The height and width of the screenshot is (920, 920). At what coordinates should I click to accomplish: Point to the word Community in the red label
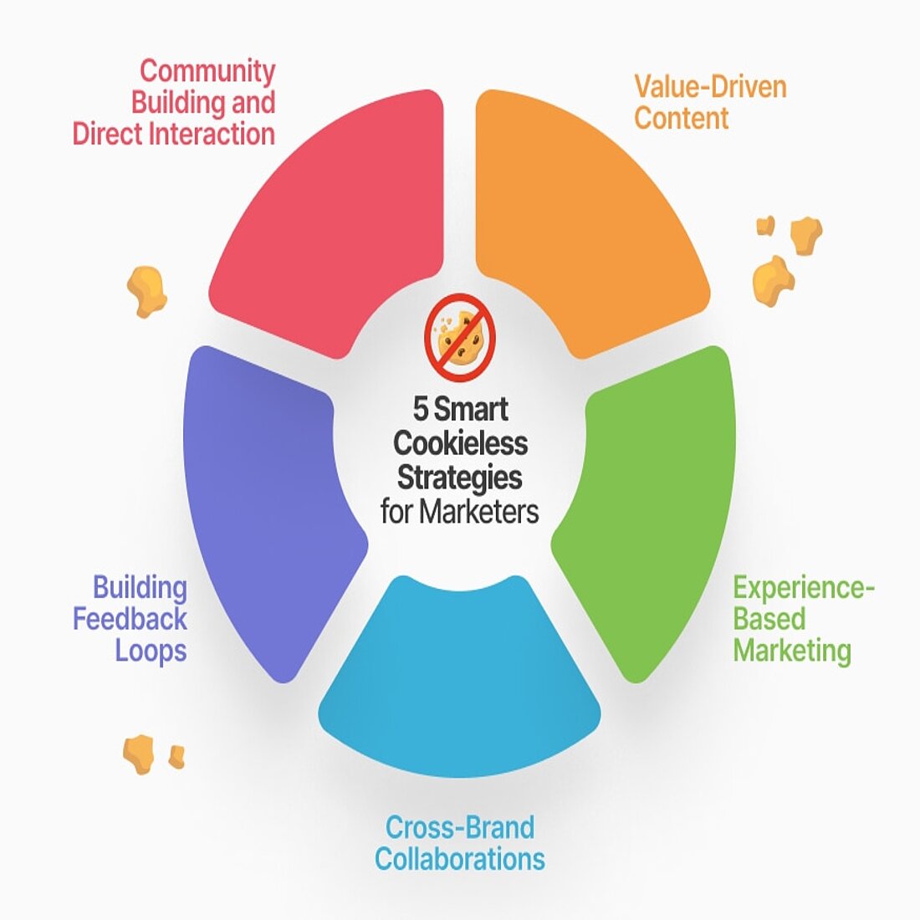(x=207, y=71)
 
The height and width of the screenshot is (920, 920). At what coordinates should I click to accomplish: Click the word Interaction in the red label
(x=223, y=134)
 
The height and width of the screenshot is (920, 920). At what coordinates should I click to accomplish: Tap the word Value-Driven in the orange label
(x=710, y=86)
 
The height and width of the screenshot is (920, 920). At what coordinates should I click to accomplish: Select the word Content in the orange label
(x=681, y=118)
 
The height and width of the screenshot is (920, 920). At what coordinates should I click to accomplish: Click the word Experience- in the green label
(x=803, y=588)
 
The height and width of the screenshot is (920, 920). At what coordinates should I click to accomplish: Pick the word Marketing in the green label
(x=792, y=651)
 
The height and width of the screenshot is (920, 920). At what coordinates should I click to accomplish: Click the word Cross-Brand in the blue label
(x=459, y=828)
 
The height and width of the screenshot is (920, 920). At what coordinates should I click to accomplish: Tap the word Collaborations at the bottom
(x=459, y=859)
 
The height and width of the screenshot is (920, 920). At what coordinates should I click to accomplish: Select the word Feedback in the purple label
(x=130, y=620)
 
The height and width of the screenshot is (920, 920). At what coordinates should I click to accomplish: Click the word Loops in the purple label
(x=151, y=651)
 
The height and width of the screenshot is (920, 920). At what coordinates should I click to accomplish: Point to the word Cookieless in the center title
(x=460, y=442)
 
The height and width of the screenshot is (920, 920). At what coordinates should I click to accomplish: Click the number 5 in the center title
(x=421, y=410)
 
